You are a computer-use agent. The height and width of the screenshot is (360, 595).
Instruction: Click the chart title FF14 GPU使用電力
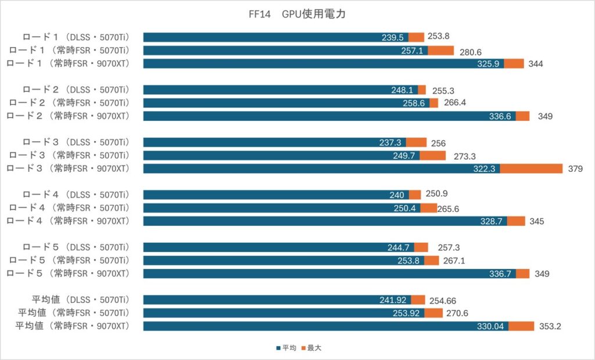(297, 14)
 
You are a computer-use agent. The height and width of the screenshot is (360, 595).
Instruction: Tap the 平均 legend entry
(286, 348)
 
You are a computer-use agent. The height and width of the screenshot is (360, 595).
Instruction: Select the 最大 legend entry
(311, 348)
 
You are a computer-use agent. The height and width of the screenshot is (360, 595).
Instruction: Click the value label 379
(575, 169)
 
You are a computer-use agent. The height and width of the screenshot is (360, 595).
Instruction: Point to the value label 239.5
(393, 38)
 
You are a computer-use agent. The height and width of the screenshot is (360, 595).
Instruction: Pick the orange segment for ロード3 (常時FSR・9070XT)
(531, 168)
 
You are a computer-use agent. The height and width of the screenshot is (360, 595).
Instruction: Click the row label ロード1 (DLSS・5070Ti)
(76, 37)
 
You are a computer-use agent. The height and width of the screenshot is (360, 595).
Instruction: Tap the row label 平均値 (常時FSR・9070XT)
(72, 326)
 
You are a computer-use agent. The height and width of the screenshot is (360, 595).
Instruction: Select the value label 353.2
(550, 326)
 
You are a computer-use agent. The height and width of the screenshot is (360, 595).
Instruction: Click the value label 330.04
(490, 326)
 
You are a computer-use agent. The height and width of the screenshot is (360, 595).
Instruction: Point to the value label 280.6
(471, 52)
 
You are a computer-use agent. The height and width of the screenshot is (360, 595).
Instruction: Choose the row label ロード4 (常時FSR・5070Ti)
(69, 208)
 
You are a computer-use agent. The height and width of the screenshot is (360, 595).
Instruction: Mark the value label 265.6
(448, 209)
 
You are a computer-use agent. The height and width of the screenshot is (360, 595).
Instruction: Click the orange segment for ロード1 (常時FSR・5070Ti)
(441, 51)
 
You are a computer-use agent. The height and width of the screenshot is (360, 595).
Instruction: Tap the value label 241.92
(393, 300)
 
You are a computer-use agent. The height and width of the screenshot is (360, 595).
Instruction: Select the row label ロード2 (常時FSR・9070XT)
(68, 116)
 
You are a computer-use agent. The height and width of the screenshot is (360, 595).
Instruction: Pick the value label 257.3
(449, 248)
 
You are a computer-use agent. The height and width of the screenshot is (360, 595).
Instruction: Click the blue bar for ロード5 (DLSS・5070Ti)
(279, 247)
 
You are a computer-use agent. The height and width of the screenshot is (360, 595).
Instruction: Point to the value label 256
(438, 143)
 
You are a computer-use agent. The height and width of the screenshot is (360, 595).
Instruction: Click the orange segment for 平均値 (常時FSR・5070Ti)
(433, 313)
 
